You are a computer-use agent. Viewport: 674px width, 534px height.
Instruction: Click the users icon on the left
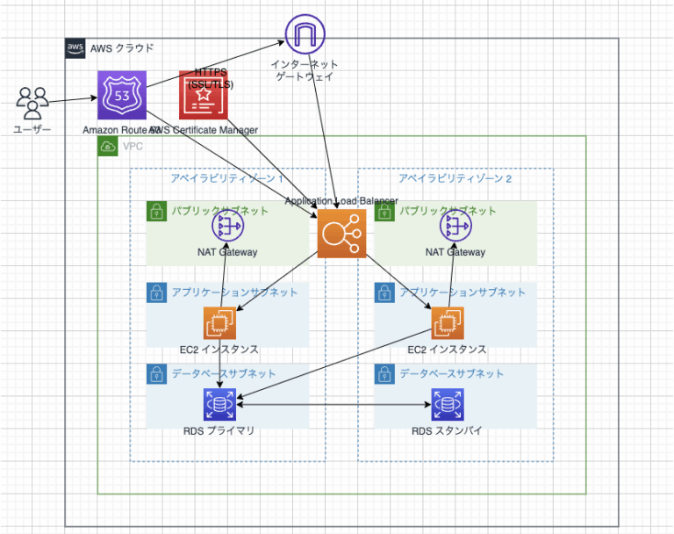[x=32, y=103]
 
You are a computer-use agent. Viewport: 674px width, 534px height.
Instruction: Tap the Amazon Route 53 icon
[x=121, y=96]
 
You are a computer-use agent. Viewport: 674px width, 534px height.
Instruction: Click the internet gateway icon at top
[x=304, y=33]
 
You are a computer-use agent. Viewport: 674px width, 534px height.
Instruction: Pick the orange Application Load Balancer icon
[x=341, y=235]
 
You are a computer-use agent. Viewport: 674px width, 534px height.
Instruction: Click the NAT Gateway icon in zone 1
[x=227, y=227]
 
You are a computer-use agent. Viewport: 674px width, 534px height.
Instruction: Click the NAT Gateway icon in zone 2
[x=455, y=227]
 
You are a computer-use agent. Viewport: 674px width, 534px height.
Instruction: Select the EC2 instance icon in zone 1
[x=219, y=323]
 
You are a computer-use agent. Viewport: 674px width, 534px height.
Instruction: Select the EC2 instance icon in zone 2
[x=447, y=323]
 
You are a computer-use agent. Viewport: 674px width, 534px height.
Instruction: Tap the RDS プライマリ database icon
[x=219, y=406]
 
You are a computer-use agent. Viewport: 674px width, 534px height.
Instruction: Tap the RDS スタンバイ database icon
[x=447, y=406]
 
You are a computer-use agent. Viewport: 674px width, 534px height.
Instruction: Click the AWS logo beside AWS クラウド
[x=75, y=48]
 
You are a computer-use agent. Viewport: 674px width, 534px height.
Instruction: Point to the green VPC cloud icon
[x=108, y=146]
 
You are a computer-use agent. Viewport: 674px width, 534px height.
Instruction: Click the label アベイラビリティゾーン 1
[x=227, y=178]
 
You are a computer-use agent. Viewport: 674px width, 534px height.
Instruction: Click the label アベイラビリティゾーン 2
[x=455, y=178]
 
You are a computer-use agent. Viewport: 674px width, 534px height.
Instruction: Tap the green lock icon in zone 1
[x=156, y=211]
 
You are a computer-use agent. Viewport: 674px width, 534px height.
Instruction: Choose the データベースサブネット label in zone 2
[x=452, y=373]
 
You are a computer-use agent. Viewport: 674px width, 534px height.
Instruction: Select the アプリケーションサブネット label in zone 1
[x=234, y=292]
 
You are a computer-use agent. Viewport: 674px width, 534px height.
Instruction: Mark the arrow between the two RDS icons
[x=333, y=406]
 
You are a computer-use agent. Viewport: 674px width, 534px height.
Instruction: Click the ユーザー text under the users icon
[x=32, y=130]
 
